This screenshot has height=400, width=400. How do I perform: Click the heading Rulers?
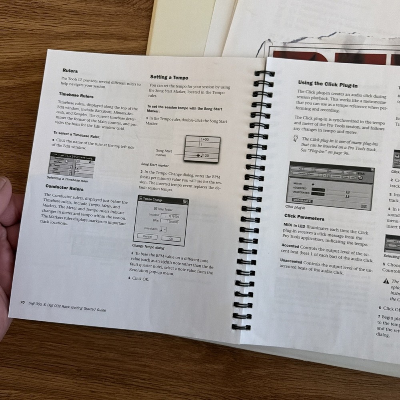pyautogui.click(x=70, y=71)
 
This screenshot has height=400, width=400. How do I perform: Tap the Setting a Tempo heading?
pyautogui.click(x=169, y=77)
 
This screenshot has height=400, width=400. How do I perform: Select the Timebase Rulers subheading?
pyautogui.click(x=76, y=96)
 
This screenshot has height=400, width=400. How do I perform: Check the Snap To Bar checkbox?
pyautogui.click(x=156, y=209)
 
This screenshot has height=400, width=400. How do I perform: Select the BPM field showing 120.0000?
pyautogui.click(x=170, y=222)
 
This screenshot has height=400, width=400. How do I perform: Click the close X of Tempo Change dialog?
pyautogui.click(x=185, y=202)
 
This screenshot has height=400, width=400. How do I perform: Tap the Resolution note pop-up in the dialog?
pyautogui.click(x=163, y=229)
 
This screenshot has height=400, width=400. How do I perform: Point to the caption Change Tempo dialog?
pyautogui.click(x=148, y=247)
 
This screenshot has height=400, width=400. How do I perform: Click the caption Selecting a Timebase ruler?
pyautogui.click(x=67, y=180)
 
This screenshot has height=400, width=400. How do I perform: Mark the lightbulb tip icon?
pyautogui.click(x=295, y=138)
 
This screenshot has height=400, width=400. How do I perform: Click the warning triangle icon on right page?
pyautogui.click(x=386, y=281)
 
